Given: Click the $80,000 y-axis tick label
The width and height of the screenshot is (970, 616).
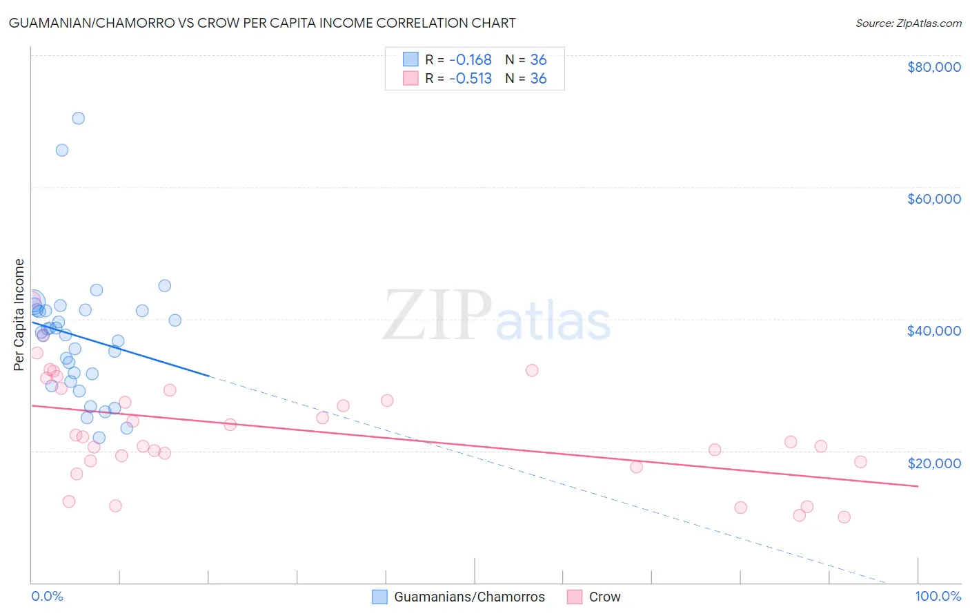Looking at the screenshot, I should [933, 67].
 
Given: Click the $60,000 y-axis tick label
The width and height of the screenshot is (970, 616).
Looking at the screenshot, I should [933, 199].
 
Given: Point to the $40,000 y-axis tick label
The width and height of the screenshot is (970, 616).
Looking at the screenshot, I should [933, 331].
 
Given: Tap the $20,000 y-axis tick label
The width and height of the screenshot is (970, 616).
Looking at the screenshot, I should [933, 463].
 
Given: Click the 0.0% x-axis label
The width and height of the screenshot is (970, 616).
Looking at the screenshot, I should [47, 596].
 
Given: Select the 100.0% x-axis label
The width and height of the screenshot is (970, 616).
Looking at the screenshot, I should [938, 596].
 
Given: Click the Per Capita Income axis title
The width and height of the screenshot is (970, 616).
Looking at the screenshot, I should [19, 314].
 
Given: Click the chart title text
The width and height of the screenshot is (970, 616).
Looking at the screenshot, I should [262, 23].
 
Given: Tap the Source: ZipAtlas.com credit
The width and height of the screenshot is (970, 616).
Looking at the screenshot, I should [908, 23].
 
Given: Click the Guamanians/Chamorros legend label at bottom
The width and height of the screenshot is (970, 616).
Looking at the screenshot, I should [469, 597].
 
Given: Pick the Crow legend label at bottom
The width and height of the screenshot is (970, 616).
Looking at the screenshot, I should [604, 597].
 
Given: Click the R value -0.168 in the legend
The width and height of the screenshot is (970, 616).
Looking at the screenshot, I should [471, 59].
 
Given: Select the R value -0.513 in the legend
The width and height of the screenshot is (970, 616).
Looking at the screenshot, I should [471, 78].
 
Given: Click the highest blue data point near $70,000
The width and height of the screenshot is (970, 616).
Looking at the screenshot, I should [79, 118].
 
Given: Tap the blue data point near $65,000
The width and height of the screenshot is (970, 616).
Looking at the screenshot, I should [62, 150].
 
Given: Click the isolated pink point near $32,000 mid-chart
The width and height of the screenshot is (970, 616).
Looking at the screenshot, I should [532, 370].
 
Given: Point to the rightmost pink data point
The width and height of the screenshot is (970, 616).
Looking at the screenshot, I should [860, 462].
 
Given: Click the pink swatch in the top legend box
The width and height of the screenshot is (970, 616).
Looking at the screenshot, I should [410, 78].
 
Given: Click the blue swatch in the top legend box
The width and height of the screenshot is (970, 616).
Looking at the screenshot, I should [410, 59].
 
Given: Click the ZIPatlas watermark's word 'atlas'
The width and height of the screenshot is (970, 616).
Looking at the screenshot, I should [553, 322].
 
